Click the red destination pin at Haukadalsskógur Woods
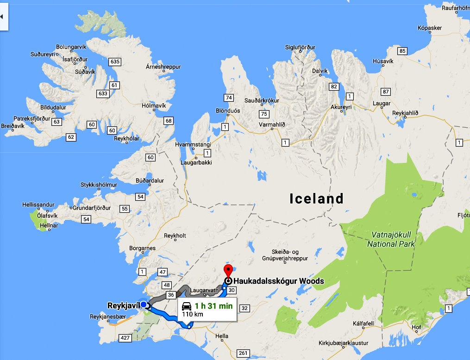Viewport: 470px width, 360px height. click(x=228, y=270)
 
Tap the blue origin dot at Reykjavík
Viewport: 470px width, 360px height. click(x=144, y=304)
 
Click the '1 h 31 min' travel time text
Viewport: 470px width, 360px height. click(x=213, y=306)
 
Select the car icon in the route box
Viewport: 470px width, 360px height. click(x=187, y=306)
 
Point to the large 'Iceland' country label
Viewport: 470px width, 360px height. click(x=317, y=199)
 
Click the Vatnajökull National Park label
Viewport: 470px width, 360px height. click(x=391, y=239)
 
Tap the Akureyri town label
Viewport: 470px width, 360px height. click(x=341, y=107)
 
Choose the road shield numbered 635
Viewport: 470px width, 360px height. click(x=115, y=62)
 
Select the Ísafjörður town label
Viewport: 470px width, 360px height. click(x=75, y=59)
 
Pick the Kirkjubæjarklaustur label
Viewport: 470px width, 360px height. click(x=344, y=343)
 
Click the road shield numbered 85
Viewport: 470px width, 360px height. click(x=402, y=51)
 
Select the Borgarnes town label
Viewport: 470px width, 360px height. click(x=142, y=248)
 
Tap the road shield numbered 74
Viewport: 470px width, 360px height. click(x=228, y=98)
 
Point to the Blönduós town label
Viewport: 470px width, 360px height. click(x=228, y=111)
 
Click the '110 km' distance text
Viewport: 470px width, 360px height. click(x=192, y=315)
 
